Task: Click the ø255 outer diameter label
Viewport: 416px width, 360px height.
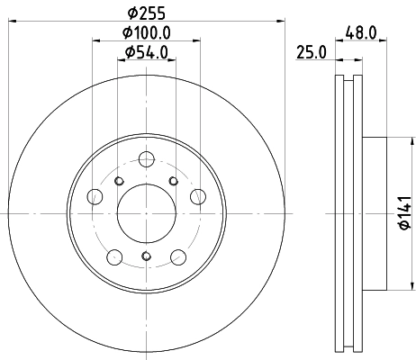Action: (146, 13)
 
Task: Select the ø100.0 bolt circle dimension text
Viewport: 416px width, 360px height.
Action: (147, 34)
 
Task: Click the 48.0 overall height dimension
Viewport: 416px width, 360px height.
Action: (359, 34)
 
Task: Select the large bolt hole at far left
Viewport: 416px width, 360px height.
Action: (95, 197)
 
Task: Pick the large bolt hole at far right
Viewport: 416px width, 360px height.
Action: (197, 197)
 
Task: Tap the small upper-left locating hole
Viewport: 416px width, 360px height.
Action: (120, 182)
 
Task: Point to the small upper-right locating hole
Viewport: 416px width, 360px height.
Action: (172, 182)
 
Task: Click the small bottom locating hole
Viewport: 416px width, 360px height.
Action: (146, 263)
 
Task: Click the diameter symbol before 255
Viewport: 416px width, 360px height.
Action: (131, 13)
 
